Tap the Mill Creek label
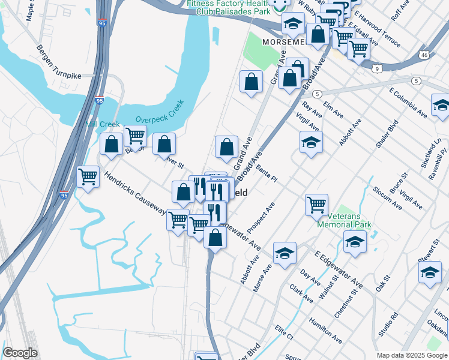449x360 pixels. (103, 124)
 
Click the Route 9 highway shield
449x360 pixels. (377, 69)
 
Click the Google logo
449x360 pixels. (20, 353)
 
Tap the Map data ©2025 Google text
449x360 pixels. (411, 355)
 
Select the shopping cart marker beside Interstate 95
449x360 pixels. (88, 176)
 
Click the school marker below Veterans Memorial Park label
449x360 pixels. (355, 242)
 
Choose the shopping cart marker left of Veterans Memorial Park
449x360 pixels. (316, 204)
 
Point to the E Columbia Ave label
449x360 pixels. (408, 103)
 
